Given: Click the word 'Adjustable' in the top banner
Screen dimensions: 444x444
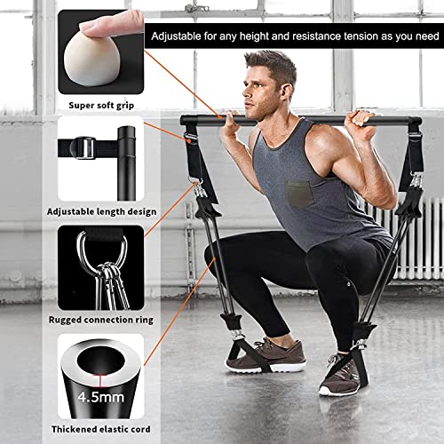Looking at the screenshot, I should coord(176,36).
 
